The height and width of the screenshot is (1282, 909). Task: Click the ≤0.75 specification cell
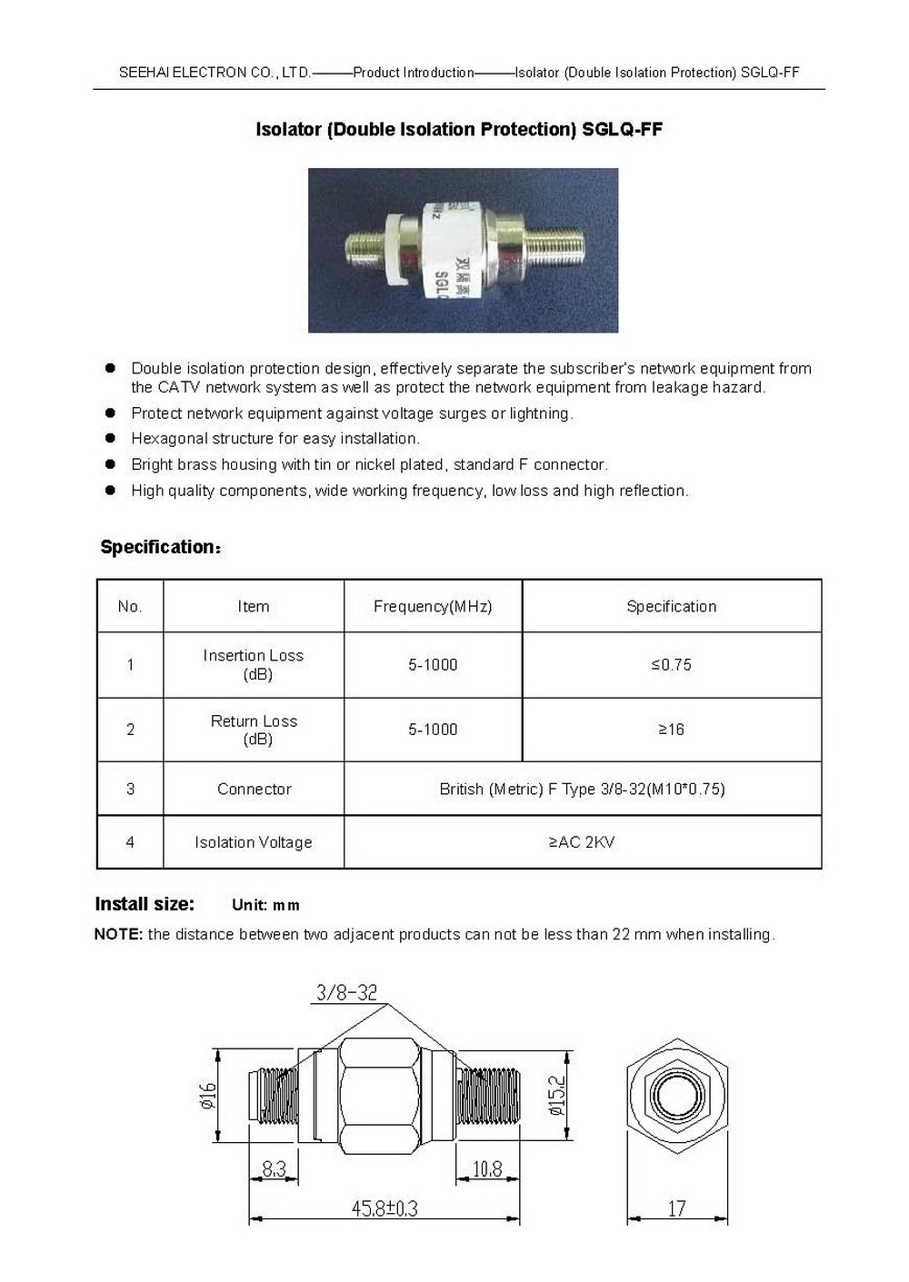coord(671,665)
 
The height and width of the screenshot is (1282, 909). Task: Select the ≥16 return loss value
coord(671,730)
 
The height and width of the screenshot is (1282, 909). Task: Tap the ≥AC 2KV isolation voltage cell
coord(582,842)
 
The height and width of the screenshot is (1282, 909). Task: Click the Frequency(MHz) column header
coord(433,606)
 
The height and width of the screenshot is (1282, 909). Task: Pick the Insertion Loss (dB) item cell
coord(254,664)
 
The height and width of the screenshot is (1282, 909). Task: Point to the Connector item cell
coord(254,789)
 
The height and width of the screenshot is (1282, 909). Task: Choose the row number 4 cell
coord(130,842)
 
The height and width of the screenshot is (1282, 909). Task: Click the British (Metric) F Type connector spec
coord(582,789)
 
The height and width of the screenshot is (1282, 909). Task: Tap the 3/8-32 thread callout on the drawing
coord(346,992)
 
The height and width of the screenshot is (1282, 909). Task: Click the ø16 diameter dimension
coord(208,1096)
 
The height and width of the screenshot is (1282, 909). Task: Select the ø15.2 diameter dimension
coord(556,1096)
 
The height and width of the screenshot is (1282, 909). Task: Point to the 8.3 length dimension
coord(274,1168)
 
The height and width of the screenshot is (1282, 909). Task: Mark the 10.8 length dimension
coord(487,1168)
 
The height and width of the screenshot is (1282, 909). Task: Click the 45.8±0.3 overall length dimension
coord(385,1208)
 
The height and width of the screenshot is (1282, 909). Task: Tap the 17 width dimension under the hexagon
coord(676,1208)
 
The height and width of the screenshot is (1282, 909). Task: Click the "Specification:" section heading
coord(161,547)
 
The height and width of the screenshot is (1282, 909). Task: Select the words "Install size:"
coord(145,904)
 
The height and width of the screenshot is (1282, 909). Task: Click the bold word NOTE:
coord(118,934)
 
